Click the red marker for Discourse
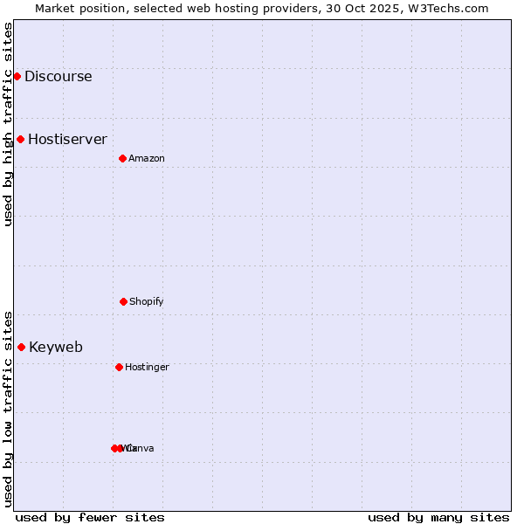pos(17,76)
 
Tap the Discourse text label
pos(58,76)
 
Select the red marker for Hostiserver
pos(20,139)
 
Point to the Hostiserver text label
pos(67,139)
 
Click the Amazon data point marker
pos(122,158)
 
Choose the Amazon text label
pos(146,158)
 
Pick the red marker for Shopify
pos(123,301)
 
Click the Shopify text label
pos(146,301)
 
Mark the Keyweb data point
pos(21,347)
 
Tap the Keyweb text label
pos(56,347)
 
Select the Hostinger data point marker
pos(119,367)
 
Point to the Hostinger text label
pos(147,367)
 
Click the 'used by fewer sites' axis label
pos(90,517)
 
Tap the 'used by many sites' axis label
pos(438,517)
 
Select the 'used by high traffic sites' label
pos(8,124)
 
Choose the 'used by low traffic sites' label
pos(8,408)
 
